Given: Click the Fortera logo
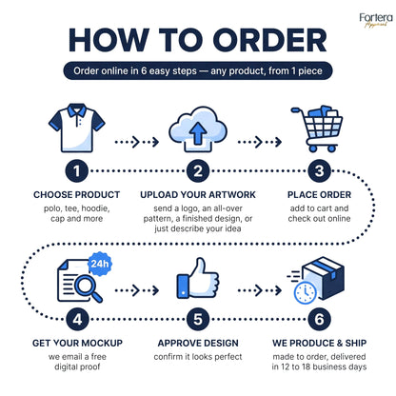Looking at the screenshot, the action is pyautogui.click(x=376, y=20).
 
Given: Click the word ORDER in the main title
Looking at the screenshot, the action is pyautogui.click(x=269, y=40).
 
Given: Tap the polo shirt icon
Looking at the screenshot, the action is pyautogui.click(x=77, y=128).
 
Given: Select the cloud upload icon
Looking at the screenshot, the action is pyautogui.click(x=198, y=129).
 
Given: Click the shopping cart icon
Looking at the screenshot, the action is pyautogui.click(x=317, y=129).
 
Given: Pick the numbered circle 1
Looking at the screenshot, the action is pyautogui.click(x=77, y=171).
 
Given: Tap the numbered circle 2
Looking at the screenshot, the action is pyautogui.click(x=198, y=171).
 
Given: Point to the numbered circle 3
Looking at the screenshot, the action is pyautogui.click(x=319, y=171).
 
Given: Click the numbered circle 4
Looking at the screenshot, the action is pyautogui.click(x=77, y=319).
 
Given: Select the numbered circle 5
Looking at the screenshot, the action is pyautogui.click(x=198, y=319).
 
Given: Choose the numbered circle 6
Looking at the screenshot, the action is pyautogui.click(x=319, y=319).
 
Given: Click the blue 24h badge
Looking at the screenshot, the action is pyautogui.click(x=100, y=264).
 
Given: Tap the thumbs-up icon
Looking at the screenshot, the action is pyautogui.click(x=197, y=278).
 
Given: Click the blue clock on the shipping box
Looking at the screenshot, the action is pyautogui.click(x=305, y=293).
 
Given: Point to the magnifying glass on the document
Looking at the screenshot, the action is pyautogui.click(x=89, y=288).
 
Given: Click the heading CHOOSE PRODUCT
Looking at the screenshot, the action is pyautogui.click(x=77, y=195).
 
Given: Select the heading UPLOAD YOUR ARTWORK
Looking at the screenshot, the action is pyautogui.click(x=198, y=195).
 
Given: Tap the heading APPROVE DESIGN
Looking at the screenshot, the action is pyautogui.click(x=198, y=343).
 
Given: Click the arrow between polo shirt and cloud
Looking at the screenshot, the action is pyautogui.click(x=137, y=142).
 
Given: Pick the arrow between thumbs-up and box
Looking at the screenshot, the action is pyautogui.click(x=260, y=290).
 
